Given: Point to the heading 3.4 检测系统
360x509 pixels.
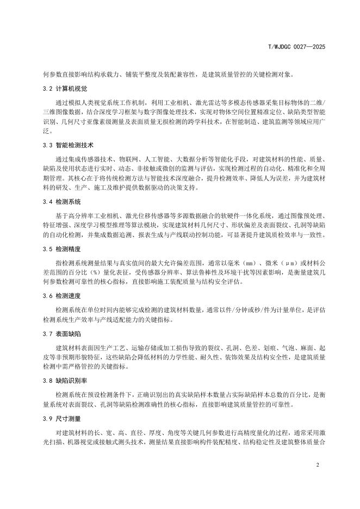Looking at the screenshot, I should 61,202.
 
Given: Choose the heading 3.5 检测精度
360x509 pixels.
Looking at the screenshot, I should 61,249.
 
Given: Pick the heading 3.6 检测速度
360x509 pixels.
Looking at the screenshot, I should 61,296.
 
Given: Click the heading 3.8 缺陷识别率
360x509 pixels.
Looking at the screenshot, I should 65,381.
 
